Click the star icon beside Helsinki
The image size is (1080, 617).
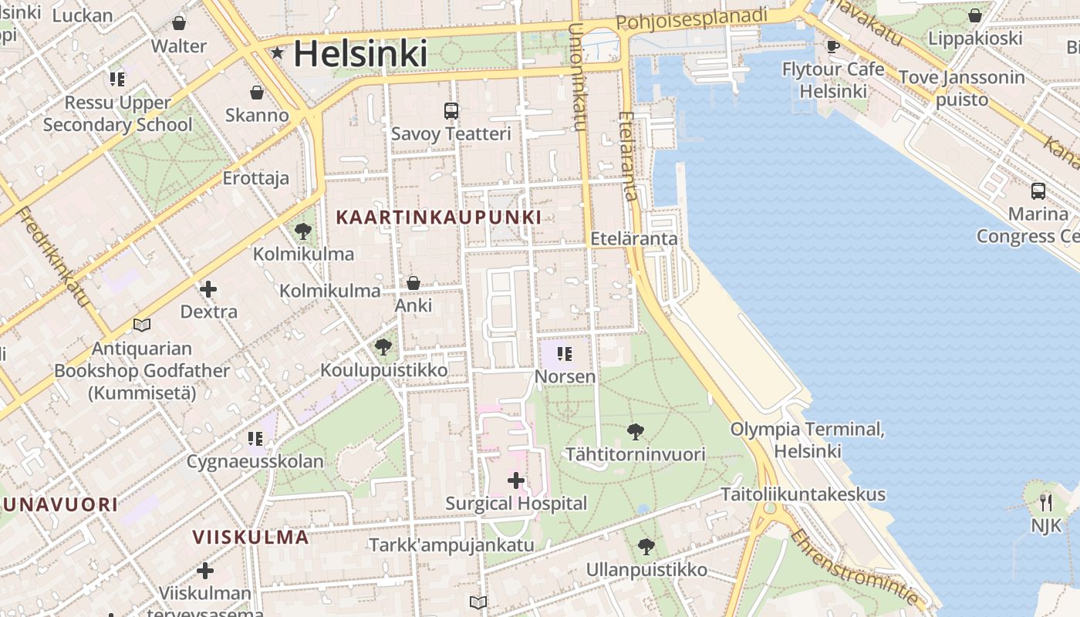click(277, 53)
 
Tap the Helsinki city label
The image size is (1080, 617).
click(359, 53)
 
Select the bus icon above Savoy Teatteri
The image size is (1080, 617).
click(451, 110)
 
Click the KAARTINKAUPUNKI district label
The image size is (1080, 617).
click(439, 217)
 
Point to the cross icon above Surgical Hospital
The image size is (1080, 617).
click(515, 481)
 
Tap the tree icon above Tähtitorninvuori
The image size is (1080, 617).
click(635, 432)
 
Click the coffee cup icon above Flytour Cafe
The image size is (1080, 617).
click(833, 46)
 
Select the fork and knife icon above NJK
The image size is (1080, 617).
click(1046, 503)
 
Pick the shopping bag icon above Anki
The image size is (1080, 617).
click(413, 283)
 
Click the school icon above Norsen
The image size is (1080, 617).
click(565, 354)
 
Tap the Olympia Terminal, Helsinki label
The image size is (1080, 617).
click(808, 440)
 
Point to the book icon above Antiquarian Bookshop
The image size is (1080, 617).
click(141, 325)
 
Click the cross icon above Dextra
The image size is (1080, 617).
click(208, 289)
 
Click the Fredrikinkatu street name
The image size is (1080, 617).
click(52, 257)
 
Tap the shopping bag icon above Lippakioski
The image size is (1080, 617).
click(975, 15)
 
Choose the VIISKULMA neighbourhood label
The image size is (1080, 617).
click(251, 537)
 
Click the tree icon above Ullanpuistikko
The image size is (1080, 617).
click(646, 548)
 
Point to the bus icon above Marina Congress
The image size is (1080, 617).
click(1038, 190)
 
